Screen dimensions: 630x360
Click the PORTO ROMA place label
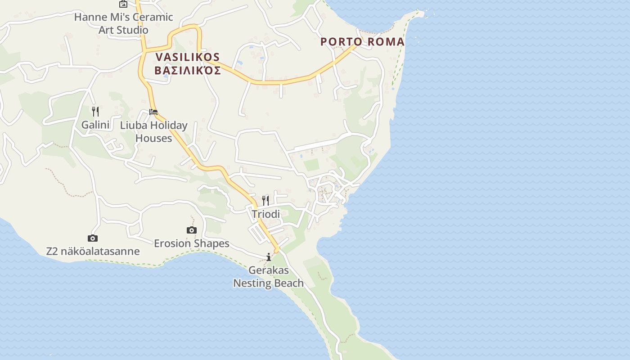coord(362,42)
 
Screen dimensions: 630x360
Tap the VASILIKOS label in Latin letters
coord(188,57)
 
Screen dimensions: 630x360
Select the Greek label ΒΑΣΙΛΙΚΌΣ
coord(188,71)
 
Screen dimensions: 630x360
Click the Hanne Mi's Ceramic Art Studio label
coord(123,23)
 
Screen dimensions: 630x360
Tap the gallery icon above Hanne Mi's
coord(123,4)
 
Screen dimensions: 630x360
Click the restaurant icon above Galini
coord(95,111)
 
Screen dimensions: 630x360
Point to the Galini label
coord(95,125)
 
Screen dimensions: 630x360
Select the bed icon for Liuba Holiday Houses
coord(153,112)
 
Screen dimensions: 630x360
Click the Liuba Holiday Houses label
coord(153,131)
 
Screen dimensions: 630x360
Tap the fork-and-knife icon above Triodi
coord(265,200)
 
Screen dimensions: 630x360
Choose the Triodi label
coord(265,214)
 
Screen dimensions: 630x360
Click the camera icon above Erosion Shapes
coord(192,230)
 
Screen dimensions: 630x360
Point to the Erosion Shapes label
coord(192,243)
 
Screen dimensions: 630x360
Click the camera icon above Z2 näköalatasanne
coord(93,238)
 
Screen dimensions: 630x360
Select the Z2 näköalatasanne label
coord(93,251)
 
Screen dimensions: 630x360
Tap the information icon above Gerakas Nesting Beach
coord(269,257)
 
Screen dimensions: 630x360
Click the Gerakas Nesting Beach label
coord(268,277)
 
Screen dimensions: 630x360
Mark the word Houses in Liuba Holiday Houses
coord(153,138)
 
